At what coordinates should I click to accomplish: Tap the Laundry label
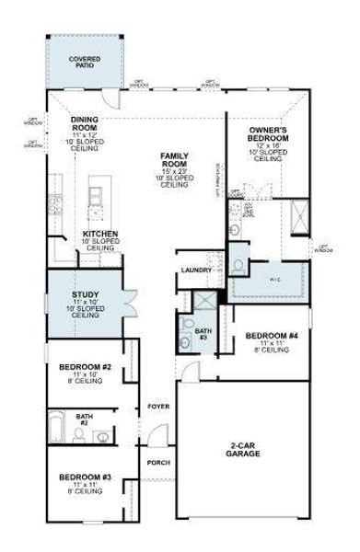click(197, 270)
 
